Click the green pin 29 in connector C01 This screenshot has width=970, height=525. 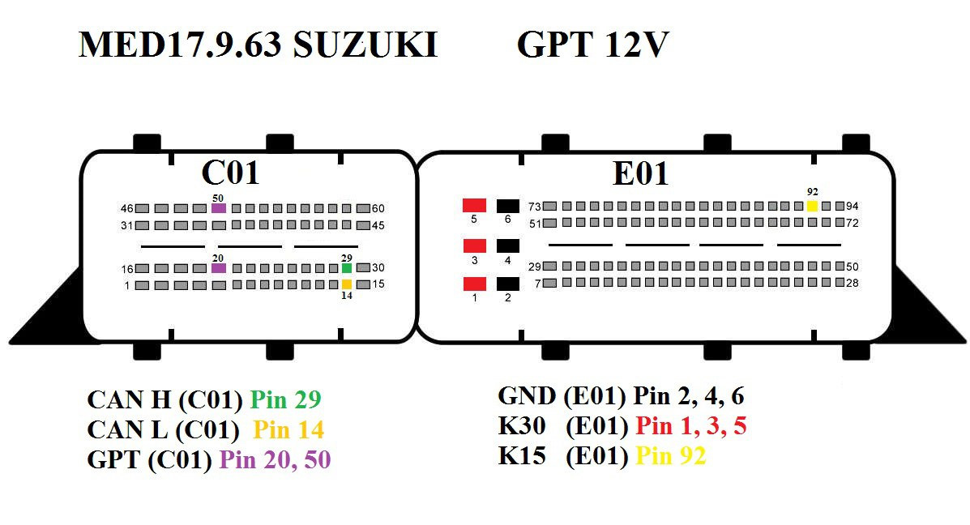point(347,268)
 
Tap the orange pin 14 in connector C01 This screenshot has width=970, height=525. point(347,284)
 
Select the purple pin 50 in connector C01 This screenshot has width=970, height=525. point(218,208)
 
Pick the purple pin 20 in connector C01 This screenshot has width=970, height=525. point(218,268)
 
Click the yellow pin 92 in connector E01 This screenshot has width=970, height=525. point(813,206)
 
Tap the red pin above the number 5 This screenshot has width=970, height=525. point(474,205)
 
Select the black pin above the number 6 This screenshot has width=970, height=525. point(507,205)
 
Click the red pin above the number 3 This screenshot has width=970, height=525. point(474,245)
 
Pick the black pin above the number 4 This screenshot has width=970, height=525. point(507,245)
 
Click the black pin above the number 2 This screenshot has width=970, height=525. point(507,284)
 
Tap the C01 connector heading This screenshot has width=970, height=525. point(230,172)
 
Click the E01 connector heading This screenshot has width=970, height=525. point(640,173)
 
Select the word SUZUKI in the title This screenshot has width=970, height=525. point(365,46)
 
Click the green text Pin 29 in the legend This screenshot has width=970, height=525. point(286,399)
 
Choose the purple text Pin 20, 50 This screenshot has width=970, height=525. point(275,460)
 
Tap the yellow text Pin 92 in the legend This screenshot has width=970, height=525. point(671,456)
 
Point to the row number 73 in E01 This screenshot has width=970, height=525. point(534,206)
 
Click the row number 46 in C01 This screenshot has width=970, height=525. point(126,208)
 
